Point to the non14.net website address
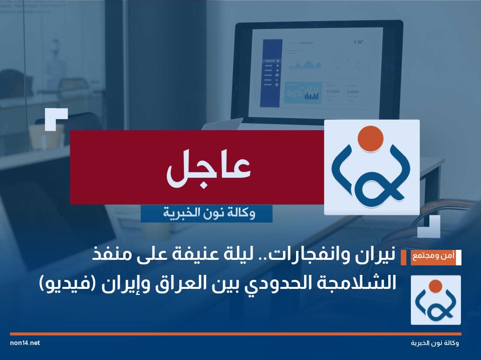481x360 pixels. click(x=25, y=343)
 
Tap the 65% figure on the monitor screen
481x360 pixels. click(x=294, y=93)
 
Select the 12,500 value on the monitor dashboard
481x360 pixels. click(x=332, y=92)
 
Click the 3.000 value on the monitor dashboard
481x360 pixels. click(x=353, y=92)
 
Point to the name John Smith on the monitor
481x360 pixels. click(x=306, y=43)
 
